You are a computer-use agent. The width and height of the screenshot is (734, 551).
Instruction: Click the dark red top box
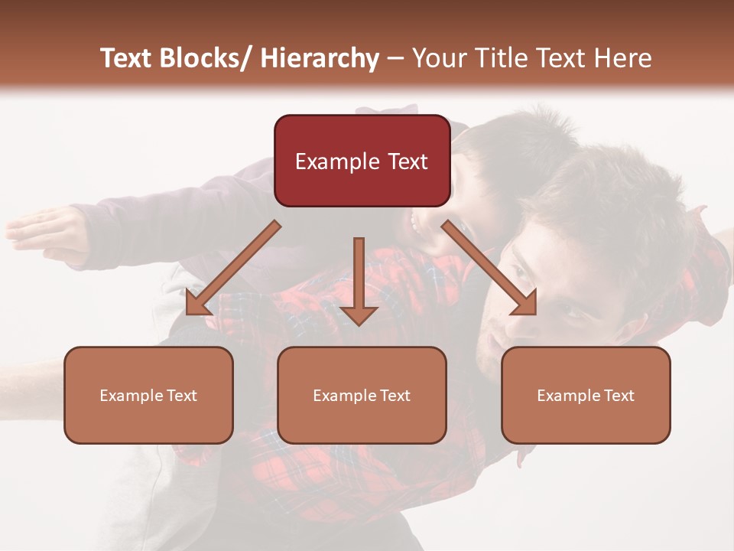[362, 161]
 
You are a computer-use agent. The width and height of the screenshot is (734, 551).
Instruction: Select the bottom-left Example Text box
[148, 395]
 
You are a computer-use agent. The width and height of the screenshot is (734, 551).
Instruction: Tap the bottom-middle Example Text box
[362, 395]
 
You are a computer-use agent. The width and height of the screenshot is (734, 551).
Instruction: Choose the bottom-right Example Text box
[586, 395]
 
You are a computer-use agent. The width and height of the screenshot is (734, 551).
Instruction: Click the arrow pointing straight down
[359, 279]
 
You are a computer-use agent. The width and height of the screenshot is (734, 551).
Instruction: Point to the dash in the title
[395, 60]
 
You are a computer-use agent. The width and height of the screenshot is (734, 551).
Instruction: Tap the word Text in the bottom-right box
[619, 396]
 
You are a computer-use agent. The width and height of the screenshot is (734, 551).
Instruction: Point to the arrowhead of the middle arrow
[359, 315]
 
